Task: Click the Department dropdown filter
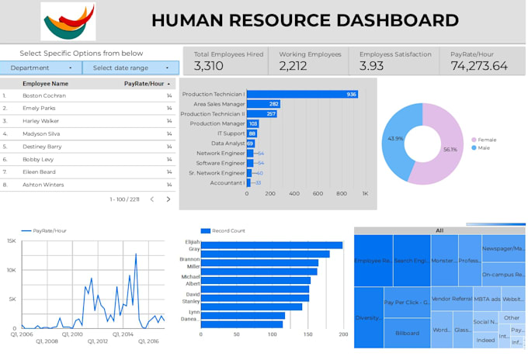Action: click(x=40, y=68)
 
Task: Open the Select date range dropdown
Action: click(x=130, y=68)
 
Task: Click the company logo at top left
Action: click(x=68, y=21)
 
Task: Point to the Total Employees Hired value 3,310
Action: click(x=209, y=67)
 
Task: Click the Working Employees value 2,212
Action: click(x=294, y=67)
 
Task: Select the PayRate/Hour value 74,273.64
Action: click(x=479, y=67)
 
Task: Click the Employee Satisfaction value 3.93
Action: click(x=372, y=67)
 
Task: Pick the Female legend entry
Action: click(x=486, y=140)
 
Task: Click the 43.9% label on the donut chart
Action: click(x=395, y=138)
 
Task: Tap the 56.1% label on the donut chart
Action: click(x=450, y=150)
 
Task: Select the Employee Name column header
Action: click(x=45, y=83)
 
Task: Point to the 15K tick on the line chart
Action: click(x=11, y=241)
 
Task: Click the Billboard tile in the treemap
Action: click(x=407, y=333)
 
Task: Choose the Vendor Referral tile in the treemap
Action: click(x=451, y=299)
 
